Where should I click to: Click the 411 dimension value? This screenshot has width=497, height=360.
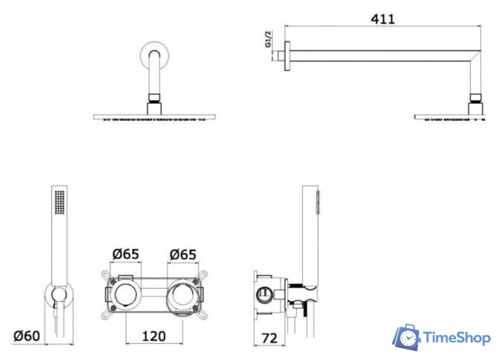coord(383,19)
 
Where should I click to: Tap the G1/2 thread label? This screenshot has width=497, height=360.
coord(269,39)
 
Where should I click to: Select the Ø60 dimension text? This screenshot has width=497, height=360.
coord(27,336)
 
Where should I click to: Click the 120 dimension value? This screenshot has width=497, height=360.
coord(154,336)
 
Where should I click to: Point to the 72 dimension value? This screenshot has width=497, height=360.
coord(269,338)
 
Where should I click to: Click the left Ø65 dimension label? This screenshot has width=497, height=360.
coord(126,254)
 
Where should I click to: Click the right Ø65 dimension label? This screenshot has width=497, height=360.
coord(183,255)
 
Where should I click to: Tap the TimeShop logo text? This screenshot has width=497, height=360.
coord(457,338)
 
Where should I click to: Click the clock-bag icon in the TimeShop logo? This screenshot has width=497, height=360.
coord(406,337)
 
